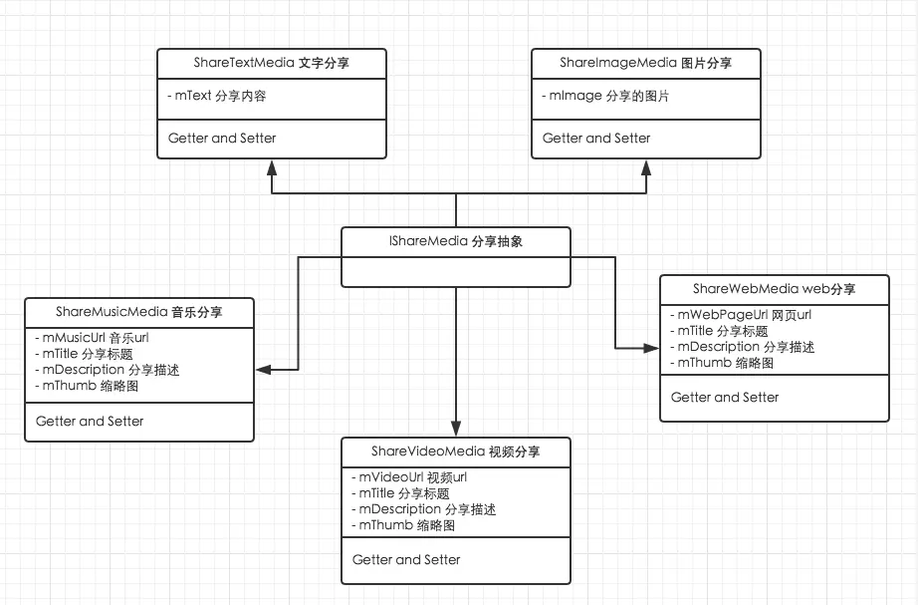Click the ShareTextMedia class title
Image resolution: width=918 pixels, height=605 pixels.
(272, 63)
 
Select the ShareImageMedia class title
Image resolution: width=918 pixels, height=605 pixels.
(645, 63)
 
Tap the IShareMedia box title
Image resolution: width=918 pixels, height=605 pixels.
(455, 241)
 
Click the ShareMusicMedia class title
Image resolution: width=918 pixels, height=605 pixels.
(139, 312)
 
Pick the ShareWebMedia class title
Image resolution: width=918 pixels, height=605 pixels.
(774, 289)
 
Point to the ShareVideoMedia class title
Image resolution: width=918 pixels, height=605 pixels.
(456, 452)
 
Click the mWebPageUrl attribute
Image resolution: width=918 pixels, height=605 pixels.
(741, 315)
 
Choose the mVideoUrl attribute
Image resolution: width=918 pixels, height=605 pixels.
(409, 477)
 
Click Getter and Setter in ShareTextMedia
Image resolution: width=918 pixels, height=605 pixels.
(222, 138)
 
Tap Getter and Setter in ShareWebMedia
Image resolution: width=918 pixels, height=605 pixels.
(725, 397)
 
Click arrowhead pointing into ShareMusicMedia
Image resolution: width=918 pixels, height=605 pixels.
(263, 369)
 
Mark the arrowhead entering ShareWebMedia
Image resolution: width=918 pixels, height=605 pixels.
(651, 347)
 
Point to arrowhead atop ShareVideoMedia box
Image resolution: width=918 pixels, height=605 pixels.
(456, 430)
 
